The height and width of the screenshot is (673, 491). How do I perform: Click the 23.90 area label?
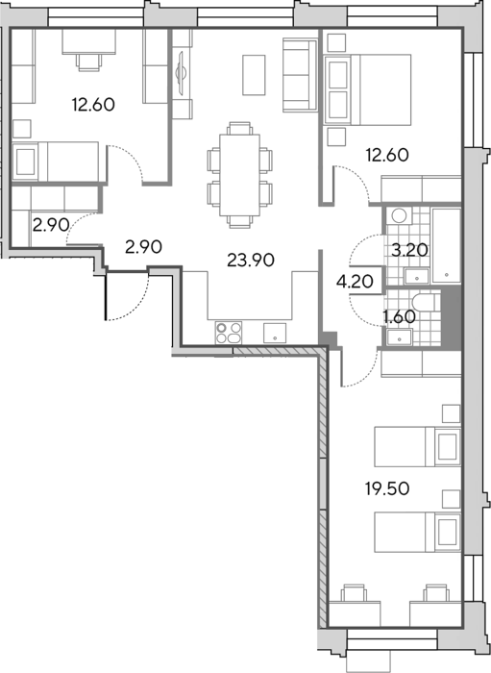251,261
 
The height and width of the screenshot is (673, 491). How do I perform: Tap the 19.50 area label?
387,488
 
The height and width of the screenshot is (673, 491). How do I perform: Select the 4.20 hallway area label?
355,281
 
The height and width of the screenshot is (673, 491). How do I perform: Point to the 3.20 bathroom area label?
410,249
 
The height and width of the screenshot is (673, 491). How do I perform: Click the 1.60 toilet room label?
399,316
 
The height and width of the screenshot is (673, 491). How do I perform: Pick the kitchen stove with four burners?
229,333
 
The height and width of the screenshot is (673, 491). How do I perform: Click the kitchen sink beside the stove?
275,333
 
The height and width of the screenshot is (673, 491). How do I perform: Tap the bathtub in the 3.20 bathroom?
447,245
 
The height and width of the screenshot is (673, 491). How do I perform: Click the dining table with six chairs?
239,175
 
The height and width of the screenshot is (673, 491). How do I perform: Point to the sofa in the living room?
300,76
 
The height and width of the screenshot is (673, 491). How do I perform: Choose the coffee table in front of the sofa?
254,75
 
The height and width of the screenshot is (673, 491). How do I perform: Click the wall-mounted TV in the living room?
181,72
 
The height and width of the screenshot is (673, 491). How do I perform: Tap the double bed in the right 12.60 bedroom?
369,89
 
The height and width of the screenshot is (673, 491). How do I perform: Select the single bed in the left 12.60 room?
56,162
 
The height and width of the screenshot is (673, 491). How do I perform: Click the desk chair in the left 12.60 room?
90,62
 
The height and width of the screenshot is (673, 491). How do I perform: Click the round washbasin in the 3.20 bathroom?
399,215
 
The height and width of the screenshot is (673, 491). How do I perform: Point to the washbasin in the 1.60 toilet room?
399,336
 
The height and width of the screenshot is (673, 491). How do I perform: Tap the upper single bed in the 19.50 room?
417,446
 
